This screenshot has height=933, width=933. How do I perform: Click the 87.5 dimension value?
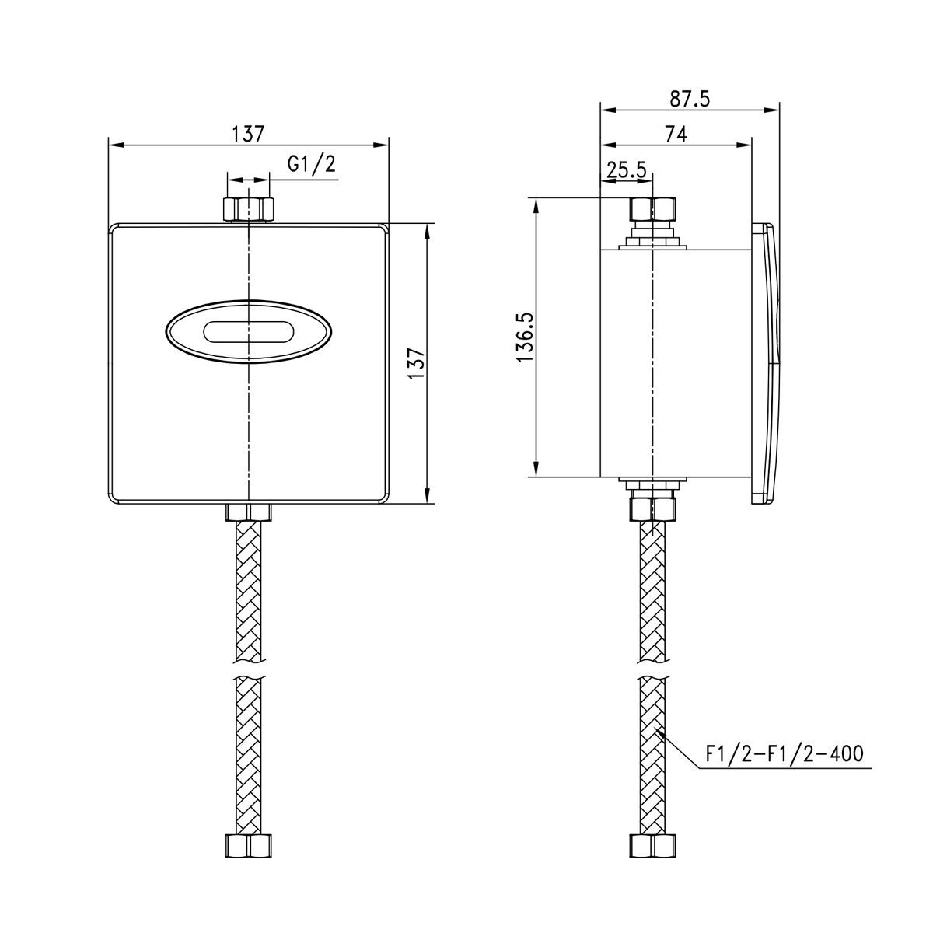690,99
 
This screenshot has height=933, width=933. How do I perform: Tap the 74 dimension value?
676,134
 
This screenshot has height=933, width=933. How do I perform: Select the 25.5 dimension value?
627,169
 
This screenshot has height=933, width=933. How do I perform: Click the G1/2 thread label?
311,165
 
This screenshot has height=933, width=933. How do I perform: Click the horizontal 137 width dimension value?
248,134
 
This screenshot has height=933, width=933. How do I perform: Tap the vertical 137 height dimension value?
417,363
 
